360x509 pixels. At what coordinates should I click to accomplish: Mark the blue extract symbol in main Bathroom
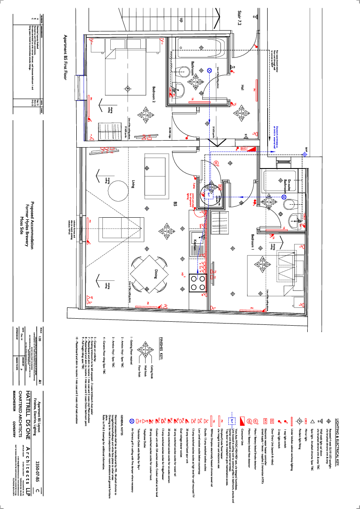click(209, 70)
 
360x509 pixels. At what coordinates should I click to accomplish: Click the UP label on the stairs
click(181, 20)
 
